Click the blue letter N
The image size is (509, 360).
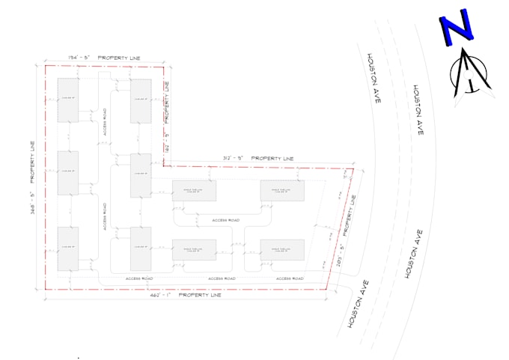click(457, 29)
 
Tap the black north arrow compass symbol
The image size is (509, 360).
click(469, 75)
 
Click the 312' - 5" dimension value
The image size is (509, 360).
click(234, 159)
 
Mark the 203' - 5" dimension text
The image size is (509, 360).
click(341, 256)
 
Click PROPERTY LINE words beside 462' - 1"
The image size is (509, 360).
click(200, 296)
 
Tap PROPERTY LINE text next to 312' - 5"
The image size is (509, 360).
click(272, 159)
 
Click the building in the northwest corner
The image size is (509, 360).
click(68, 100)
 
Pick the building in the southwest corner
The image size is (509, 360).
click(68, 248)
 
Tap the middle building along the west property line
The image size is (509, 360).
click(68, 173)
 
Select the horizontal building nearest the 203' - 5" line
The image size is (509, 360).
click(282, 249)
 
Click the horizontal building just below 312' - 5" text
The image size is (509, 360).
click(195, 191)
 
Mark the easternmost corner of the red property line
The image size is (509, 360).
click(353, 169)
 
